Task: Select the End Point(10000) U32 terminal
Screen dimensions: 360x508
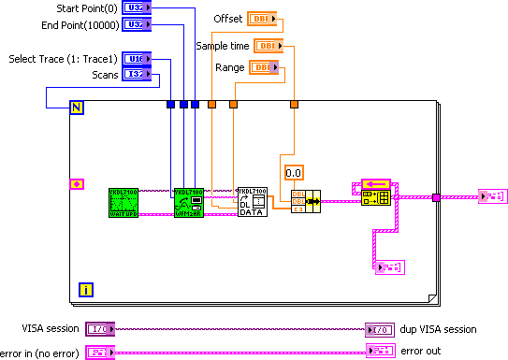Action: tap(135, 23)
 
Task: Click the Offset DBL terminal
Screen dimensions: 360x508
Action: tap(259, 19)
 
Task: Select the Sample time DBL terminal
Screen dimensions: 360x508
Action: tap(269, 45)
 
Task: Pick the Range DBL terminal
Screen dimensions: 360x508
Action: tap(261, 67)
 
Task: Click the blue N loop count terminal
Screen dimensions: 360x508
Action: tap(77, 108)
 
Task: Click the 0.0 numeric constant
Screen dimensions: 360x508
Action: tap(294, 172)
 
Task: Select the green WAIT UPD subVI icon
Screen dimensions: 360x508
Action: tap(123, 202)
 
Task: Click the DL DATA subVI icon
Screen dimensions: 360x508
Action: tap(251, 202)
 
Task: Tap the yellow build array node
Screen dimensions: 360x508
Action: tap(376, 192)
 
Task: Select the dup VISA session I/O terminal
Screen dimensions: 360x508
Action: tap(380, 329)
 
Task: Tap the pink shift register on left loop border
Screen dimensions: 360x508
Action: tap(77, 183)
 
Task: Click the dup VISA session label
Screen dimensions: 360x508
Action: tap(438, 329)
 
